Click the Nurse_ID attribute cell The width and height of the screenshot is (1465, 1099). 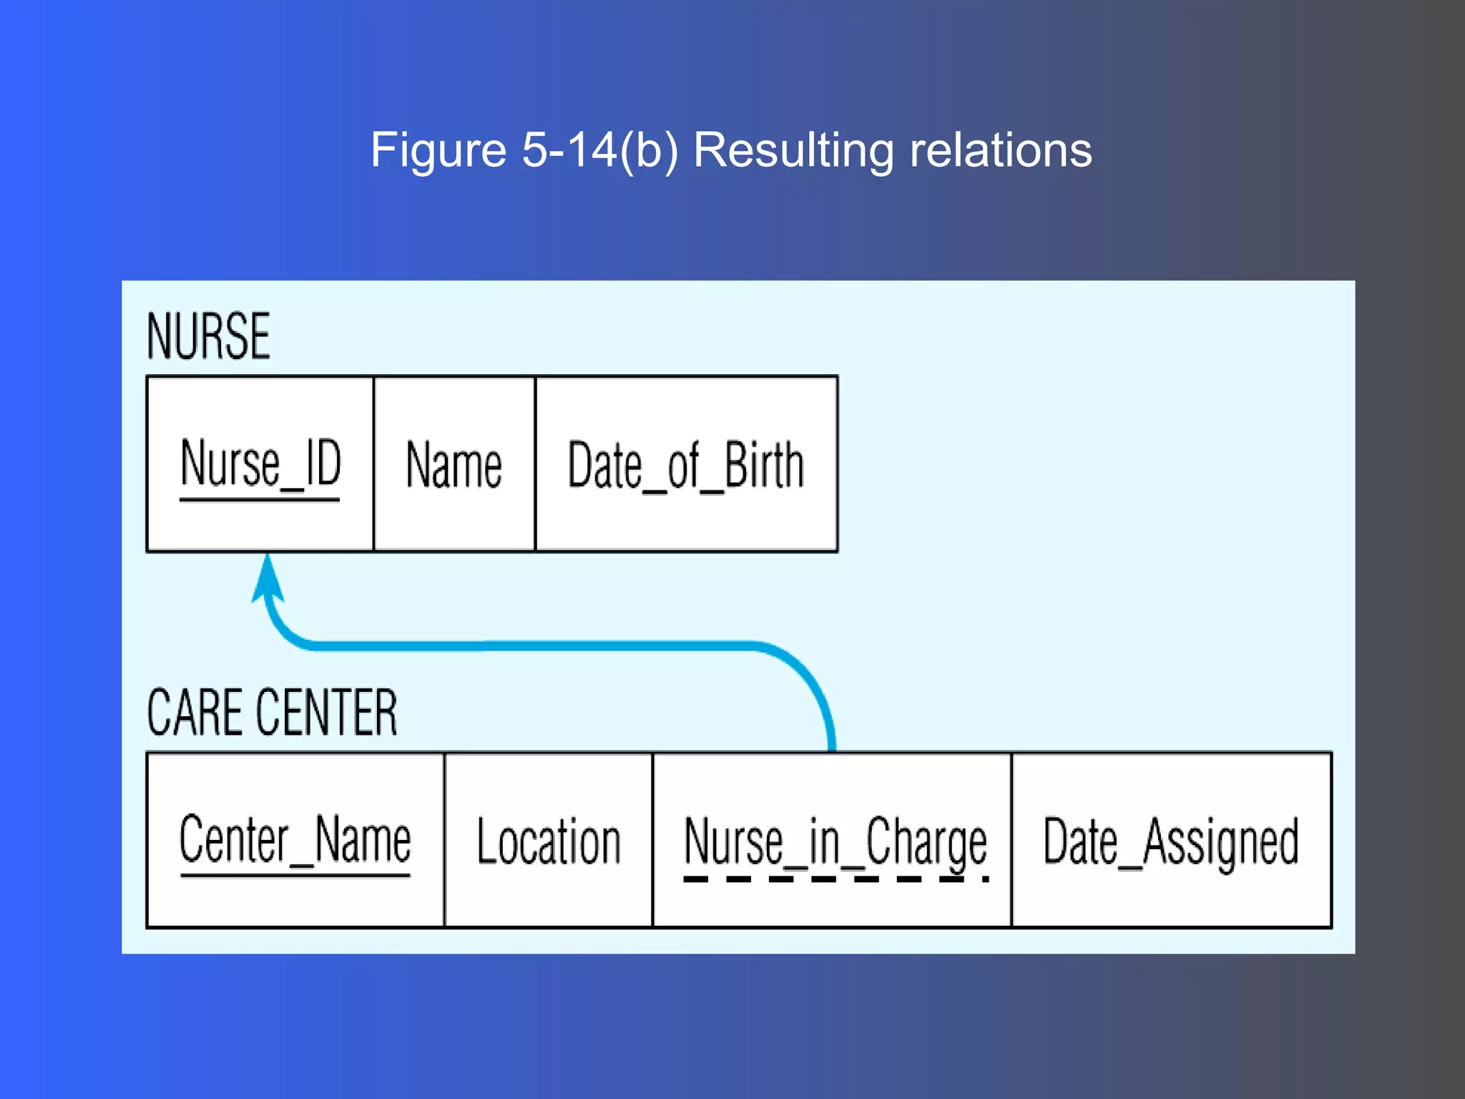(x=260, y=464)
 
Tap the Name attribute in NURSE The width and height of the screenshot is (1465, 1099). (x=454, y=465)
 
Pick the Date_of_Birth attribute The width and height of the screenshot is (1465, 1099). (x=685, y=465)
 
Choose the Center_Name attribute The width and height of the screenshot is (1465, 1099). (x=295, y=840)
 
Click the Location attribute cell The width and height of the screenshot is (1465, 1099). (x=548, y=841)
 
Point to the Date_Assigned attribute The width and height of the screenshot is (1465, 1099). (x=1170, y=841)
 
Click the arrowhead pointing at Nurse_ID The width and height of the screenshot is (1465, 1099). (x=268, y=580)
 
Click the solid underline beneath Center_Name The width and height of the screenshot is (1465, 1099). (x=295, y=874)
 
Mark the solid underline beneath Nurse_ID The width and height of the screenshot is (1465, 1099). (x=259, y=499)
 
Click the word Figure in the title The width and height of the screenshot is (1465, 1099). (x=438, y=150)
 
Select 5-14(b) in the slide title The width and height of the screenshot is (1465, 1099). (x=599, y=150)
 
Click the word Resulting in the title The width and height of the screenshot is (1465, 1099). (x=793, y=150)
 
